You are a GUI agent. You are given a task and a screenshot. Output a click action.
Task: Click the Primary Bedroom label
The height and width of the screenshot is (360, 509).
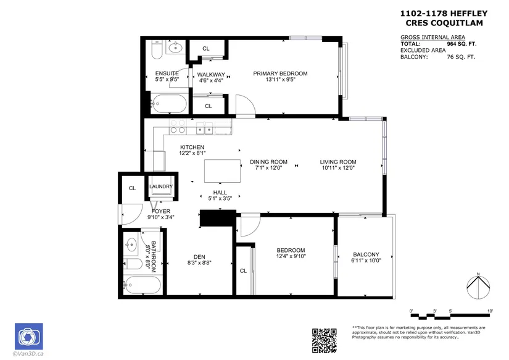(280, 73)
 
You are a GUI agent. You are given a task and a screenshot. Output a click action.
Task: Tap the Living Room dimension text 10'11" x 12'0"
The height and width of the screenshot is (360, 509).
(338, 168)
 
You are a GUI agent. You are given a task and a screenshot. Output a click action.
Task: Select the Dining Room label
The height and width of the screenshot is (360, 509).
(268, 162)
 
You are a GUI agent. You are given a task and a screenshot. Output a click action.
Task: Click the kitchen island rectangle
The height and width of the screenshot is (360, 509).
(222, 171)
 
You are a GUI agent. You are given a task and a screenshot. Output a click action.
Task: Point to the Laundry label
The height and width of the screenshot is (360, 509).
(161, 186)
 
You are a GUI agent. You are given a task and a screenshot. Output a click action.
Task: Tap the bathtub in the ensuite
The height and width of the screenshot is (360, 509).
(168, 104)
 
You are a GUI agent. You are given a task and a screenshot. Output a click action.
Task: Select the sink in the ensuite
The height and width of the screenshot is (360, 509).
(176, 48)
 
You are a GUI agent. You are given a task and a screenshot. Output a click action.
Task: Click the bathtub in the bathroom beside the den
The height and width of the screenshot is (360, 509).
(142, 285)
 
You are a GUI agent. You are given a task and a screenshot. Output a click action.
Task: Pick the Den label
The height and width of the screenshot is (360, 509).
(199, 257)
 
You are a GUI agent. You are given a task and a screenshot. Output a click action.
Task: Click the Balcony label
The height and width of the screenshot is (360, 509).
(366, 254)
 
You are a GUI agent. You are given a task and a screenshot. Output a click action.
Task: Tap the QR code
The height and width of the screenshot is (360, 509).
(325, 340)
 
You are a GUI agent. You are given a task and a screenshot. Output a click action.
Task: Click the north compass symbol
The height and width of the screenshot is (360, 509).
(478, 287)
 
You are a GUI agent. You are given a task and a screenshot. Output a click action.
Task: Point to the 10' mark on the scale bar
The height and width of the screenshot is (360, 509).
(490, 311)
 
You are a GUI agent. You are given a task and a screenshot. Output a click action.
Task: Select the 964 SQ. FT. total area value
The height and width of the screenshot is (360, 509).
(461, 44)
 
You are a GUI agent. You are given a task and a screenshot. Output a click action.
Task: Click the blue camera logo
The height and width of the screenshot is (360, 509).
(29, 337)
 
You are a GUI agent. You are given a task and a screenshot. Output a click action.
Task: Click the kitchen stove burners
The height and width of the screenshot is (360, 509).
(178, 127)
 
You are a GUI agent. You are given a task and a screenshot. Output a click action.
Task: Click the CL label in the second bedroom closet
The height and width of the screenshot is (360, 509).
(243, 271)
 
